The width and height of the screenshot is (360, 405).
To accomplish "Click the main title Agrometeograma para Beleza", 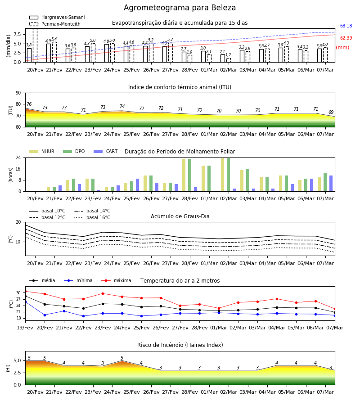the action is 180,8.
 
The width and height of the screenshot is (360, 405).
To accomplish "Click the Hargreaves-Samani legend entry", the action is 57,17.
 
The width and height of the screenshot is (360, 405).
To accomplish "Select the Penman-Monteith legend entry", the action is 55,24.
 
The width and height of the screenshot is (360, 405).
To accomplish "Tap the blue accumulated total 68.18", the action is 346,26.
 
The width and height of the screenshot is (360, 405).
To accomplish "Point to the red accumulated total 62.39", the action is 346,38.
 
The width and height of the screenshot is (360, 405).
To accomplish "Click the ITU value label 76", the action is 29,104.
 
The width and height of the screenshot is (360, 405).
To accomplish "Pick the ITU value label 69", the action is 331,112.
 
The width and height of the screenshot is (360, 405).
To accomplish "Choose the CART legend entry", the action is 106,151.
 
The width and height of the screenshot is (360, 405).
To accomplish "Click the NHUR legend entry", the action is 42,151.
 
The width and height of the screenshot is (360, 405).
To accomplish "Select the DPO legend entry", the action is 74,151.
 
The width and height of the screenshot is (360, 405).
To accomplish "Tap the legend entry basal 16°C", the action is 92,218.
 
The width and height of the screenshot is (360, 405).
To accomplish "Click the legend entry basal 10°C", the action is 47,211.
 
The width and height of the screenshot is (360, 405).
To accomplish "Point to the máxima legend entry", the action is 116,280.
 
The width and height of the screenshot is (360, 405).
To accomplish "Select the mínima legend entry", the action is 78,280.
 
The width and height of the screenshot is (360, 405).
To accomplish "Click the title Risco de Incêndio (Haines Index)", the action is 180,345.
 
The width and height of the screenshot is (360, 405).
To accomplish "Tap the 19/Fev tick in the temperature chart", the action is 25,328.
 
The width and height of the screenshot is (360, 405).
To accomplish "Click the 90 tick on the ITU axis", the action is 18,93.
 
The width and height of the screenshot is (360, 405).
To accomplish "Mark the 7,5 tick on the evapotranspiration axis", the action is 17,34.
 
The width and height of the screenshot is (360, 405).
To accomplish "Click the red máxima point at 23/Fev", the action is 103,293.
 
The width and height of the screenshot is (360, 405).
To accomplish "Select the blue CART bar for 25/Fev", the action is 137,185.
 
